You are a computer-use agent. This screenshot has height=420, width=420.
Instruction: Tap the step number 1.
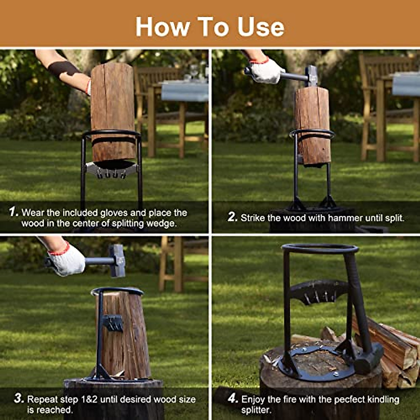pyautogui.click(x=13, y=212)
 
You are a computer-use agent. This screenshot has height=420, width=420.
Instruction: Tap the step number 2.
pyautogui.click(x=232, y=217)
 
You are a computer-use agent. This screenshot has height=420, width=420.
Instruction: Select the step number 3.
pyautogui.click(x=19, y=399)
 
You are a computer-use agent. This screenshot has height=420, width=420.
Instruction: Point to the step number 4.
pyautogui.click(x=233, y=399)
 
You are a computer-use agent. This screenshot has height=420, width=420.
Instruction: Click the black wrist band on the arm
pyautogui.click(x=63, y=69)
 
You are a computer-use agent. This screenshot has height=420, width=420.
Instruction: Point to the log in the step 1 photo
pyautogui.click(x=113, y=108)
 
